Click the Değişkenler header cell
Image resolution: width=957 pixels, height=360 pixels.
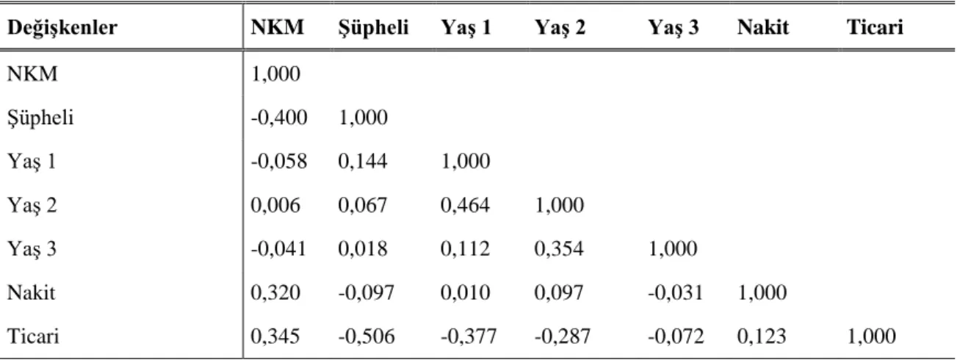pyautogui.click(x=62, y=28)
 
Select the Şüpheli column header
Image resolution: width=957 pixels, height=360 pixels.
pyautogui.click(x=373, y=28)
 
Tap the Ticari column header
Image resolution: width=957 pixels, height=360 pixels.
pyautogui.click(x=875, y=27)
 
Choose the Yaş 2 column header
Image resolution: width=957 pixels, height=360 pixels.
pyautogui.click(x=560, y=28)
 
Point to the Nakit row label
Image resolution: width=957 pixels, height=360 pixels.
pyautogui.click(x=31, y=293)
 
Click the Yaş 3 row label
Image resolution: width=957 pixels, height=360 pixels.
pyautogui.click(x=32, y=249)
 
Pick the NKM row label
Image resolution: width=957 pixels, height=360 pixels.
pyautogui.click(x=32, y=73)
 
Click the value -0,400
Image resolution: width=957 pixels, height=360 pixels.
pyautogui.click(x=279, y=118)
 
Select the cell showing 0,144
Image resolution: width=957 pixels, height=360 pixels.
pyautogui.click(x=363, y=162)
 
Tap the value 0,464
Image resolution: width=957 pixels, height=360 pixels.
pyautogui.click(x=465, y=205)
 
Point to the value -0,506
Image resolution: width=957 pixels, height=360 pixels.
pyautogui.click(x=366, y=336)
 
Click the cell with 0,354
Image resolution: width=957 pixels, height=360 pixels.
pyautogui.click(x=559, y=249)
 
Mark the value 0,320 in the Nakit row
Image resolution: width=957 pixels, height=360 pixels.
pyautogui.click(x=275, y=293)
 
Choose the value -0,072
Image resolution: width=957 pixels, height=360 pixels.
pyautogui.click(x=676, y=336)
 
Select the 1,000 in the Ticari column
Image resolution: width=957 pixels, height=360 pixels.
pyautogui.click(x=872, y=336)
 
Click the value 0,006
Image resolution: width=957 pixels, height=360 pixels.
pyautogui.click(x=275, y=205)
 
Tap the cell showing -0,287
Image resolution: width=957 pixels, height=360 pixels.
pyautogui.click(x=563, y=336)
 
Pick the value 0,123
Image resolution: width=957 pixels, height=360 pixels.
pyautogui.click(x=762, y=336)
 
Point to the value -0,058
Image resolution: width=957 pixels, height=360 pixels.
pyautogui.click(x=279, y=162)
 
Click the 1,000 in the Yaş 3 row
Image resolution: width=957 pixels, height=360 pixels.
pyautogui.click(x=673, y=249)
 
